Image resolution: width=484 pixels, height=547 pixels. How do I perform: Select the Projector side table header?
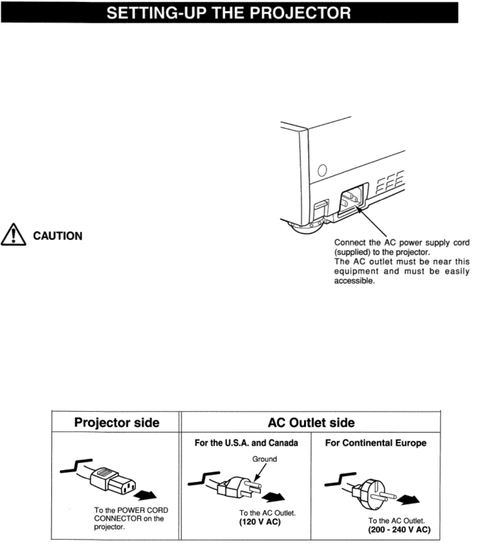(x=116, y=422)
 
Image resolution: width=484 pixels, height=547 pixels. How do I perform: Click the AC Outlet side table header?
(x=311, y=422)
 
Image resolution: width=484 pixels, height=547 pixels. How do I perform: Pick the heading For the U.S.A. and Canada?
(x=246, y=443)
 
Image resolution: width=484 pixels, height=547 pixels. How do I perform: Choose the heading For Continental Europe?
(x=376, y=443)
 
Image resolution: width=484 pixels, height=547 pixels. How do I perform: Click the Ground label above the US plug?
(x=264, y=459)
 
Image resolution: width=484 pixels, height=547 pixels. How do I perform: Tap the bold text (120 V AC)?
(x=260, y=521)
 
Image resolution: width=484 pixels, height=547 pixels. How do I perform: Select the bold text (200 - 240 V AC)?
(x=399, y=530)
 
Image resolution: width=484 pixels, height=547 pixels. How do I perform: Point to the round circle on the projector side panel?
(x=322, y=170)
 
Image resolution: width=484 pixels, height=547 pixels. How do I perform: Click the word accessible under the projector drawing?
(x=355, y=281)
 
